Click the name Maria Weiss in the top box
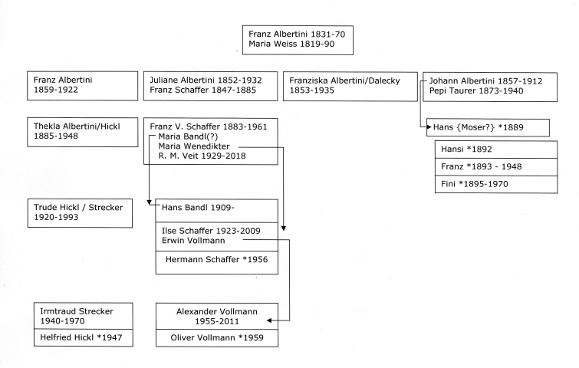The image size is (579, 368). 273,44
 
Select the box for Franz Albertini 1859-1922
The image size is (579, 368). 82,86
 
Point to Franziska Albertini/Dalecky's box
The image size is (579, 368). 350,87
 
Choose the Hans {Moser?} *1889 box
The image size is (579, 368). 488,127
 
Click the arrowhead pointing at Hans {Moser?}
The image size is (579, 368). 429,127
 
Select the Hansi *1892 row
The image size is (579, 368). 496,149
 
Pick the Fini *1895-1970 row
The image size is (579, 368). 496,184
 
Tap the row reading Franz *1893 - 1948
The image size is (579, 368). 496,167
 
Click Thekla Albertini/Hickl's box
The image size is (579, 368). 82,132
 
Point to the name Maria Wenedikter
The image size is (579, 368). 194,146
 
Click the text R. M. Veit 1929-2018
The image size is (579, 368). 202,156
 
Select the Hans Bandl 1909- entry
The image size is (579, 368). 217,211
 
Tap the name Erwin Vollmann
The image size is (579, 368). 193,241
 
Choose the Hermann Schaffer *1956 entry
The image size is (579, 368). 217,262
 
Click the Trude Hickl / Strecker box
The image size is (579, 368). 80,213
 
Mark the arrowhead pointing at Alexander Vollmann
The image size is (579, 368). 269,320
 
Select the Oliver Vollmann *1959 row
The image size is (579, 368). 217,338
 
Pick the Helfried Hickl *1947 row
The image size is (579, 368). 83,337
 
